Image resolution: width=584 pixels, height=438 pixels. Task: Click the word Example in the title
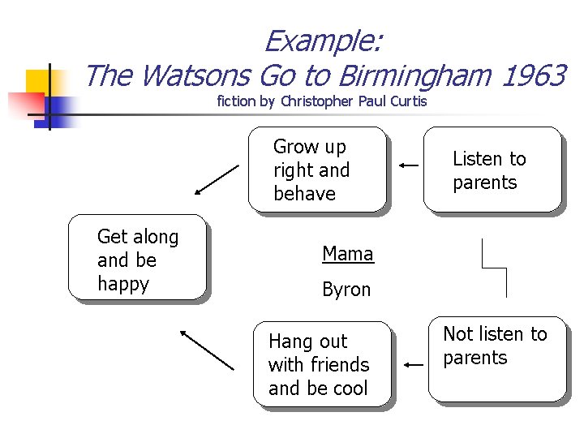tap(324, 41)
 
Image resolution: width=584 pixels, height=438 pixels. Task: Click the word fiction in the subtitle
tap(236, 101)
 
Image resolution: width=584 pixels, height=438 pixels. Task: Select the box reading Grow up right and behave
tap(317, 170)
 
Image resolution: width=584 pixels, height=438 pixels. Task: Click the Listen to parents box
tap(492, 170)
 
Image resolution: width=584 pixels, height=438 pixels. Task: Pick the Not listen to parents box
tap(496, 359)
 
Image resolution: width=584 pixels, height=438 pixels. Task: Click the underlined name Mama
tap(347, 254)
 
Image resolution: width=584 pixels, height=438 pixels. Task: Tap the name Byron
tap(346, 290)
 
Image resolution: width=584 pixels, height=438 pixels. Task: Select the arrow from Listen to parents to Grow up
tap(408, 165)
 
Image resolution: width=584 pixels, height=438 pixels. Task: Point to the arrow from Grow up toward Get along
tap(217, 179)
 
